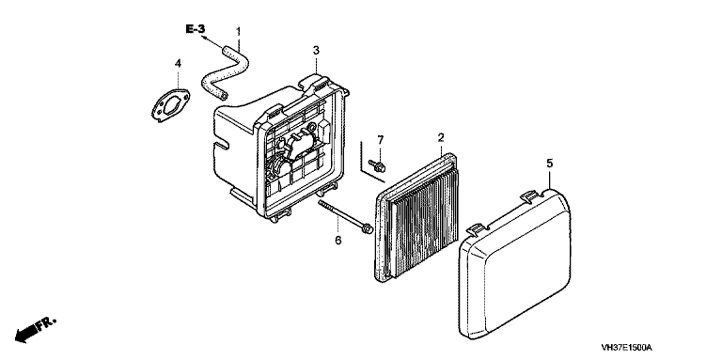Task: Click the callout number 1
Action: (x=239, y=32)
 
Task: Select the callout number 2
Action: (x=441, y=137)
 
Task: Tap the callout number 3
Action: (x=316, y=50)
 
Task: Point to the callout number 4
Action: (x=179, y=63)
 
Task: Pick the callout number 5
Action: (x=550, y=164)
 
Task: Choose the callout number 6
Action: (x=338, y=240)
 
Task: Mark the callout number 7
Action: (x=381, y=139)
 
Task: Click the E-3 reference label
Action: (x=196, y=29)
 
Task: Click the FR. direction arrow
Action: (x=34, y=330)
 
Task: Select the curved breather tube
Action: (x=226, y=70)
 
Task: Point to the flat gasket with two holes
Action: (x=170, y=105)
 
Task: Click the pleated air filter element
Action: (x=418, y=217)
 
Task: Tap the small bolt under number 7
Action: (x=377, y=165)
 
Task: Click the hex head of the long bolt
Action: (x=368, y=227)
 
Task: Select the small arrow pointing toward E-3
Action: (x=212, y=42)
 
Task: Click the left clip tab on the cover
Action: (x=477, y=227)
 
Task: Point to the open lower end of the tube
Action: (x=224, y=94)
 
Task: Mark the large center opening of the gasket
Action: (x=170, y=105)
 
